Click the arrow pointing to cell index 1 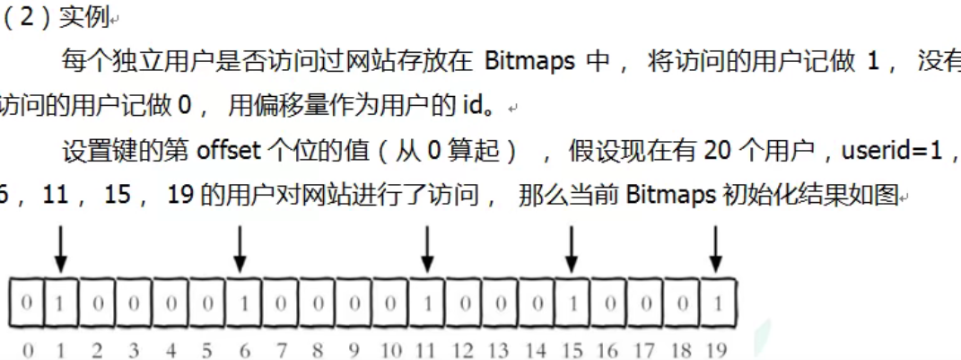pyautogui.click(x=60, y=249)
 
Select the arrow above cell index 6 pyautogui.click(x=240, y=249)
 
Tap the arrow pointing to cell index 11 pyautogui.click(x=427, y=249)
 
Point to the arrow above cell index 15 pyautogui.click(x=571, y=249)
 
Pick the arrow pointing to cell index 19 pyautogui.click(x=715, y=249)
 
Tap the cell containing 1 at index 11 pyautogui.click(x=428, y=303)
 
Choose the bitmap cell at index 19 pyautogui.click(x=717, y=303)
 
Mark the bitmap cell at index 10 pyautogui.click(x=391, y=303)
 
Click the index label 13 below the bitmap pyautogui.click(x=499, y=348)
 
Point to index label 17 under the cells pyautogui.click(x=643, y=348)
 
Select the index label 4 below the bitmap pyautogui.click(x=170, y=348)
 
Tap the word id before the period pyautogui.click(x=471, y=106)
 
